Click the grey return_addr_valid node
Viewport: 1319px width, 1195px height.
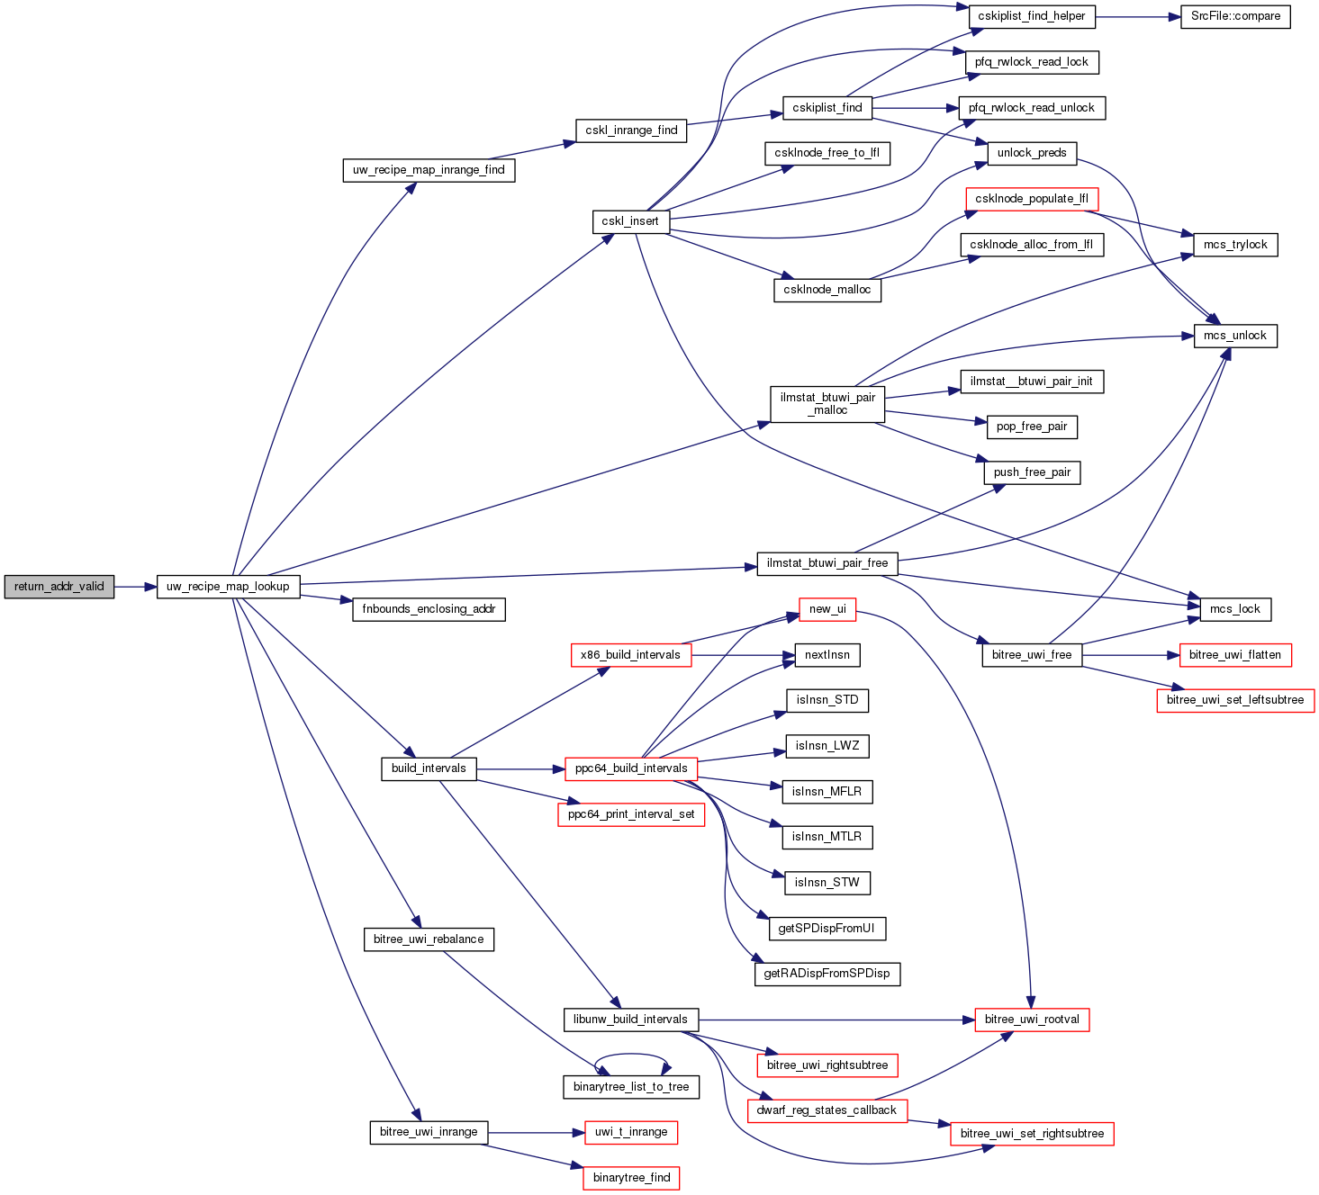(59, 587)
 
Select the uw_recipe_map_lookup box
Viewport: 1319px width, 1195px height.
(228, 587)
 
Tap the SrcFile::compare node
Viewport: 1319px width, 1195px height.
(1235, 16)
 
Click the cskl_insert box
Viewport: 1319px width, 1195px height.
(630, 221)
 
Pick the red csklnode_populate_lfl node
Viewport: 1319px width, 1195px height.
(1031, 199)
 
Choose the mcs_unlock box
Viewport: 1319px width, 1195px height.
(1235, 336)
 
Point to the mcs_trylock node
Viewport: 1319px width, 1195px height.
(1235, 245)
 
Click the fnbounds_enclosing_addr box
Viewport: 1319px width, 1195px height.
(429, 609)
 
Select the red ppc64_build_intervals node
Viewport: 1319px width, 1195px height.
(631, 768)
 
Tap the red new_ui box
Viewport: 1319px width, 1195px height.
(827, 609)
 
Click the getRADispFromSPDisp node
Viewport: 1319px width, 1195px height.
(827, 974)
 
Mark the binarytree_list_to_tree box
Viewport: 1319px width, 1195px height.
(631, 1087)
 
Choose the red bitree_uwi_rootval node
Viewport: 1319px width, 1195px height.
(1032, 1020)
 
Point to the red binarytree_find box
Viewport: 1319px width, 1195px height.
(631, 1178)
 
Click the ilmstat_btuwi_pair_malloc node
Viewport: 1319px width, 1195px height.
(827, 404)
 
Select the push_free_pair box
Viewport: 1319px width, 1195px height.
(1032, 472)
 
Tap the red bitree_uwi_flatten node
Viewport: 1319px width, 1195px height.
(1235, 655)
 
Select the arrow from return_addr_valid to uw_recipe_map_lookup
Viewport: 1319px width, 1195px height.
(135, 587)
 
